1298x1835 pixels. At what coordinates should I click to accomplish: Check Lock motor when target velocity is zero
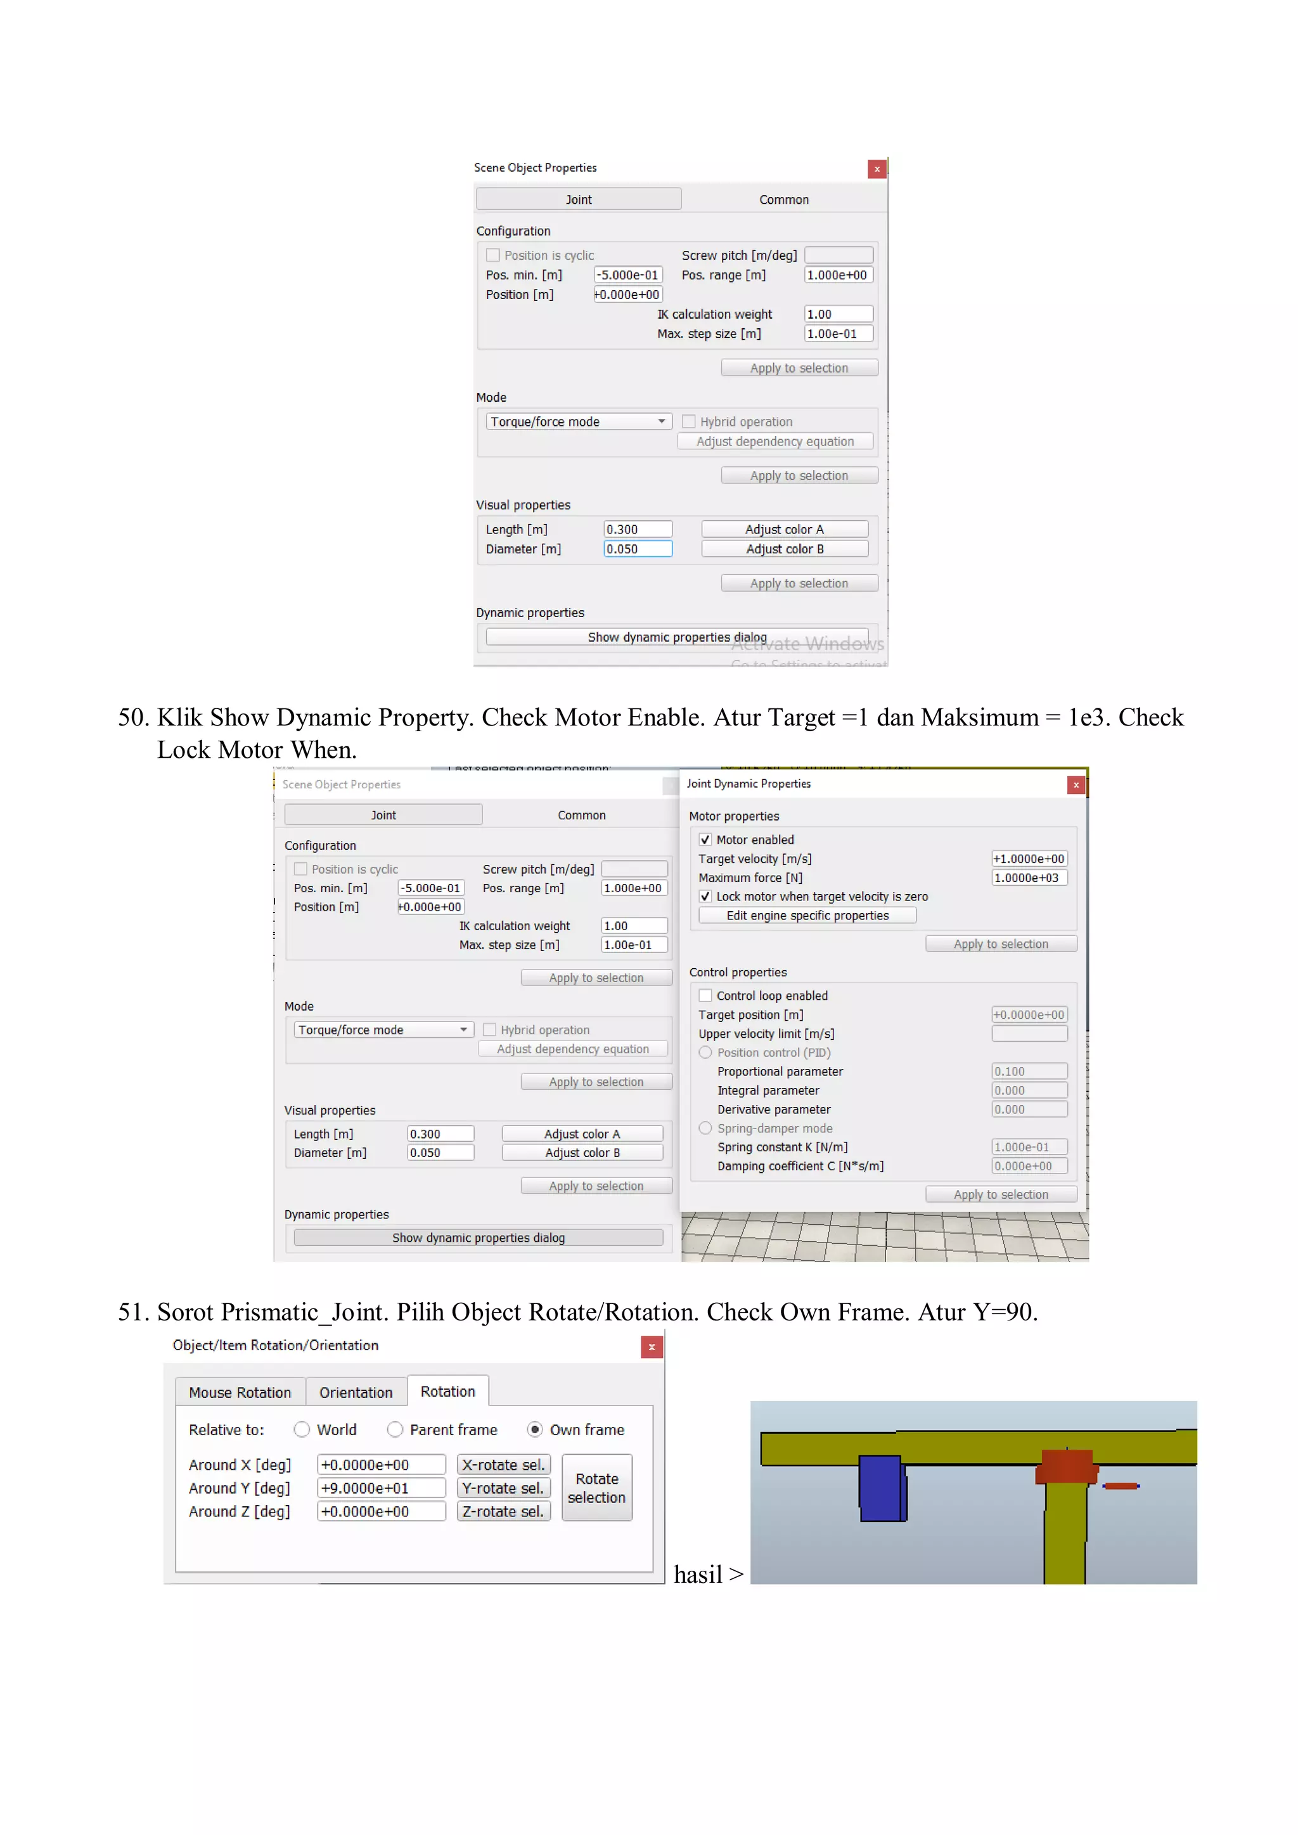[x=705, y=897]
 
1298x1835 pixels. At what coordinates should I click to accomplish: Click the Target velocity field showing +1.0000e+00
[x=1029, y=859]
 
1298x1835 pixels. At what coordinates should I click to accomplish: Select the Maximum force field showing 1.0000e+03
[x=1029, y=878]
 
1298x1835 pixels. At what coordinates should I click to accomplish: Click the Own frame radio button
[x=535, y=1430]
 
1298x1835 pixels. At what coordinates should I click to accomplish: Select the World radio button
[x=301, y=1430]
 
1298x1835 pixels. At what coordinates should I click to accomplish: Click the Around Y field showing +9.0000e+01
[x=380, y=1488]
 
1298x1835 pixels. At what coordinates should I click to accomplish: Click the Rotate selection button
[x=596, y=1488]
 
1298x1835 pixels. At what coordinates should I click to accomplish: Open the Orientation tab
[x=356, y=1392]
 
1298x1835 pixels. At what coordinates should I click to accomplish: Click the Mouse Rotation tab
[x=240, y=1392]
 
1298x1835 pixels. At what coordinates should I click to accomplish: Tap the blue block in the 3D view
[x=881, y=1488]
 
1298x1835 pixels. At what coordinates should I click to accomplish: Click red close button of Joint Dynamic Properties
[x=1076, y=785]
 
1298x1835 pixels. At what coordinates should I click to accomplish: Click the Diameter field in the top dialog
[x=637, y=549]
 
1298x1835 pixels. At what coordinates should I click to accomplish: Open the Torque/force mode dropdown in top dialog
[x=578, y=421]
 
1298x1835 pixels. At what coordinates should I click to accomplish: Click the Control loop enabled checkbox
[x=705, y=996]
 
